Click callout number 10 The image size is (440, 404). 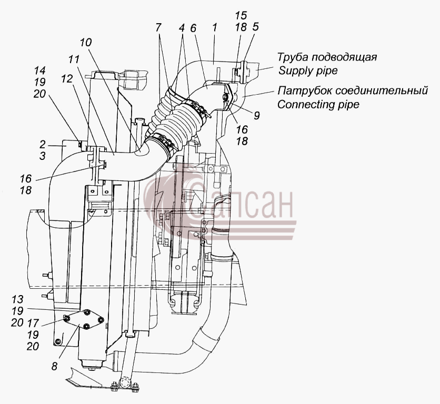(86, 43)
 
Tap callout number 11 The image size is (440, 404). (74, 59)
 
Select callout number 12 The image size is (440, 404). (67, 79)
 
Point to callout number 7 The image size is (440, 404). (158, 27)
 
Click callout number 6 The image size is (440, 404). (193, 28)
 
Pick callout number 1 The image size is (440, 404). (215, 27)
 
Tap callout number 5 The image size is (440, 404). (255, 27)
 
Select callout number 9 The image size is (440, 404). (256, 115)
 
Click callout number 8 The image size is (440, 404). (54, 366)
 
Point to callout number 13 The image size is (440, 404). (17, 299)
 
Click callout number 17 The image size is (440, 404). (33, 323)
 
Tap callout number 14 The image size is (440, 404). (39, 70)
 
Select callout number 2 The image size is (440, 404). (43, 145)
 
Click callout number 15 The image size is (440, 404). (241, 15)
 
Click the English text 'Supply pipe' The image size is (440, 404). (308, 70)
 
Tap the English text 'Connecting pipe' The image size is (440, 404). (318, 104)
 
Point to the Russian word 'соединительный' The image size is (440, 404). (382, 90)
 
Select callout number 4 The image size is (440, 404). (182, 28)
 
